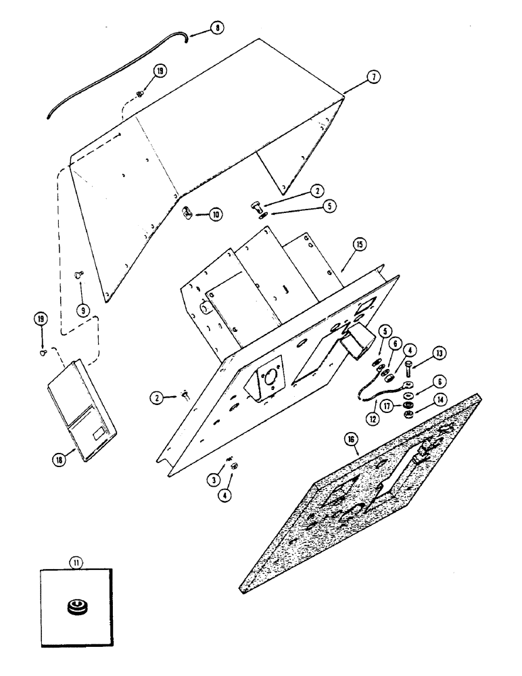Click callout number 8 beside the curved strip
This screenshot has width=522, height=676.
tap(216, 28)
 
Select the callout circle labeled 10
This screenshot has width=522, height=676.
tap(216, 215)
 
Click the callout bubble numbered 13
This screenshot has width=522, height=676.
tap(440, 352)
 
